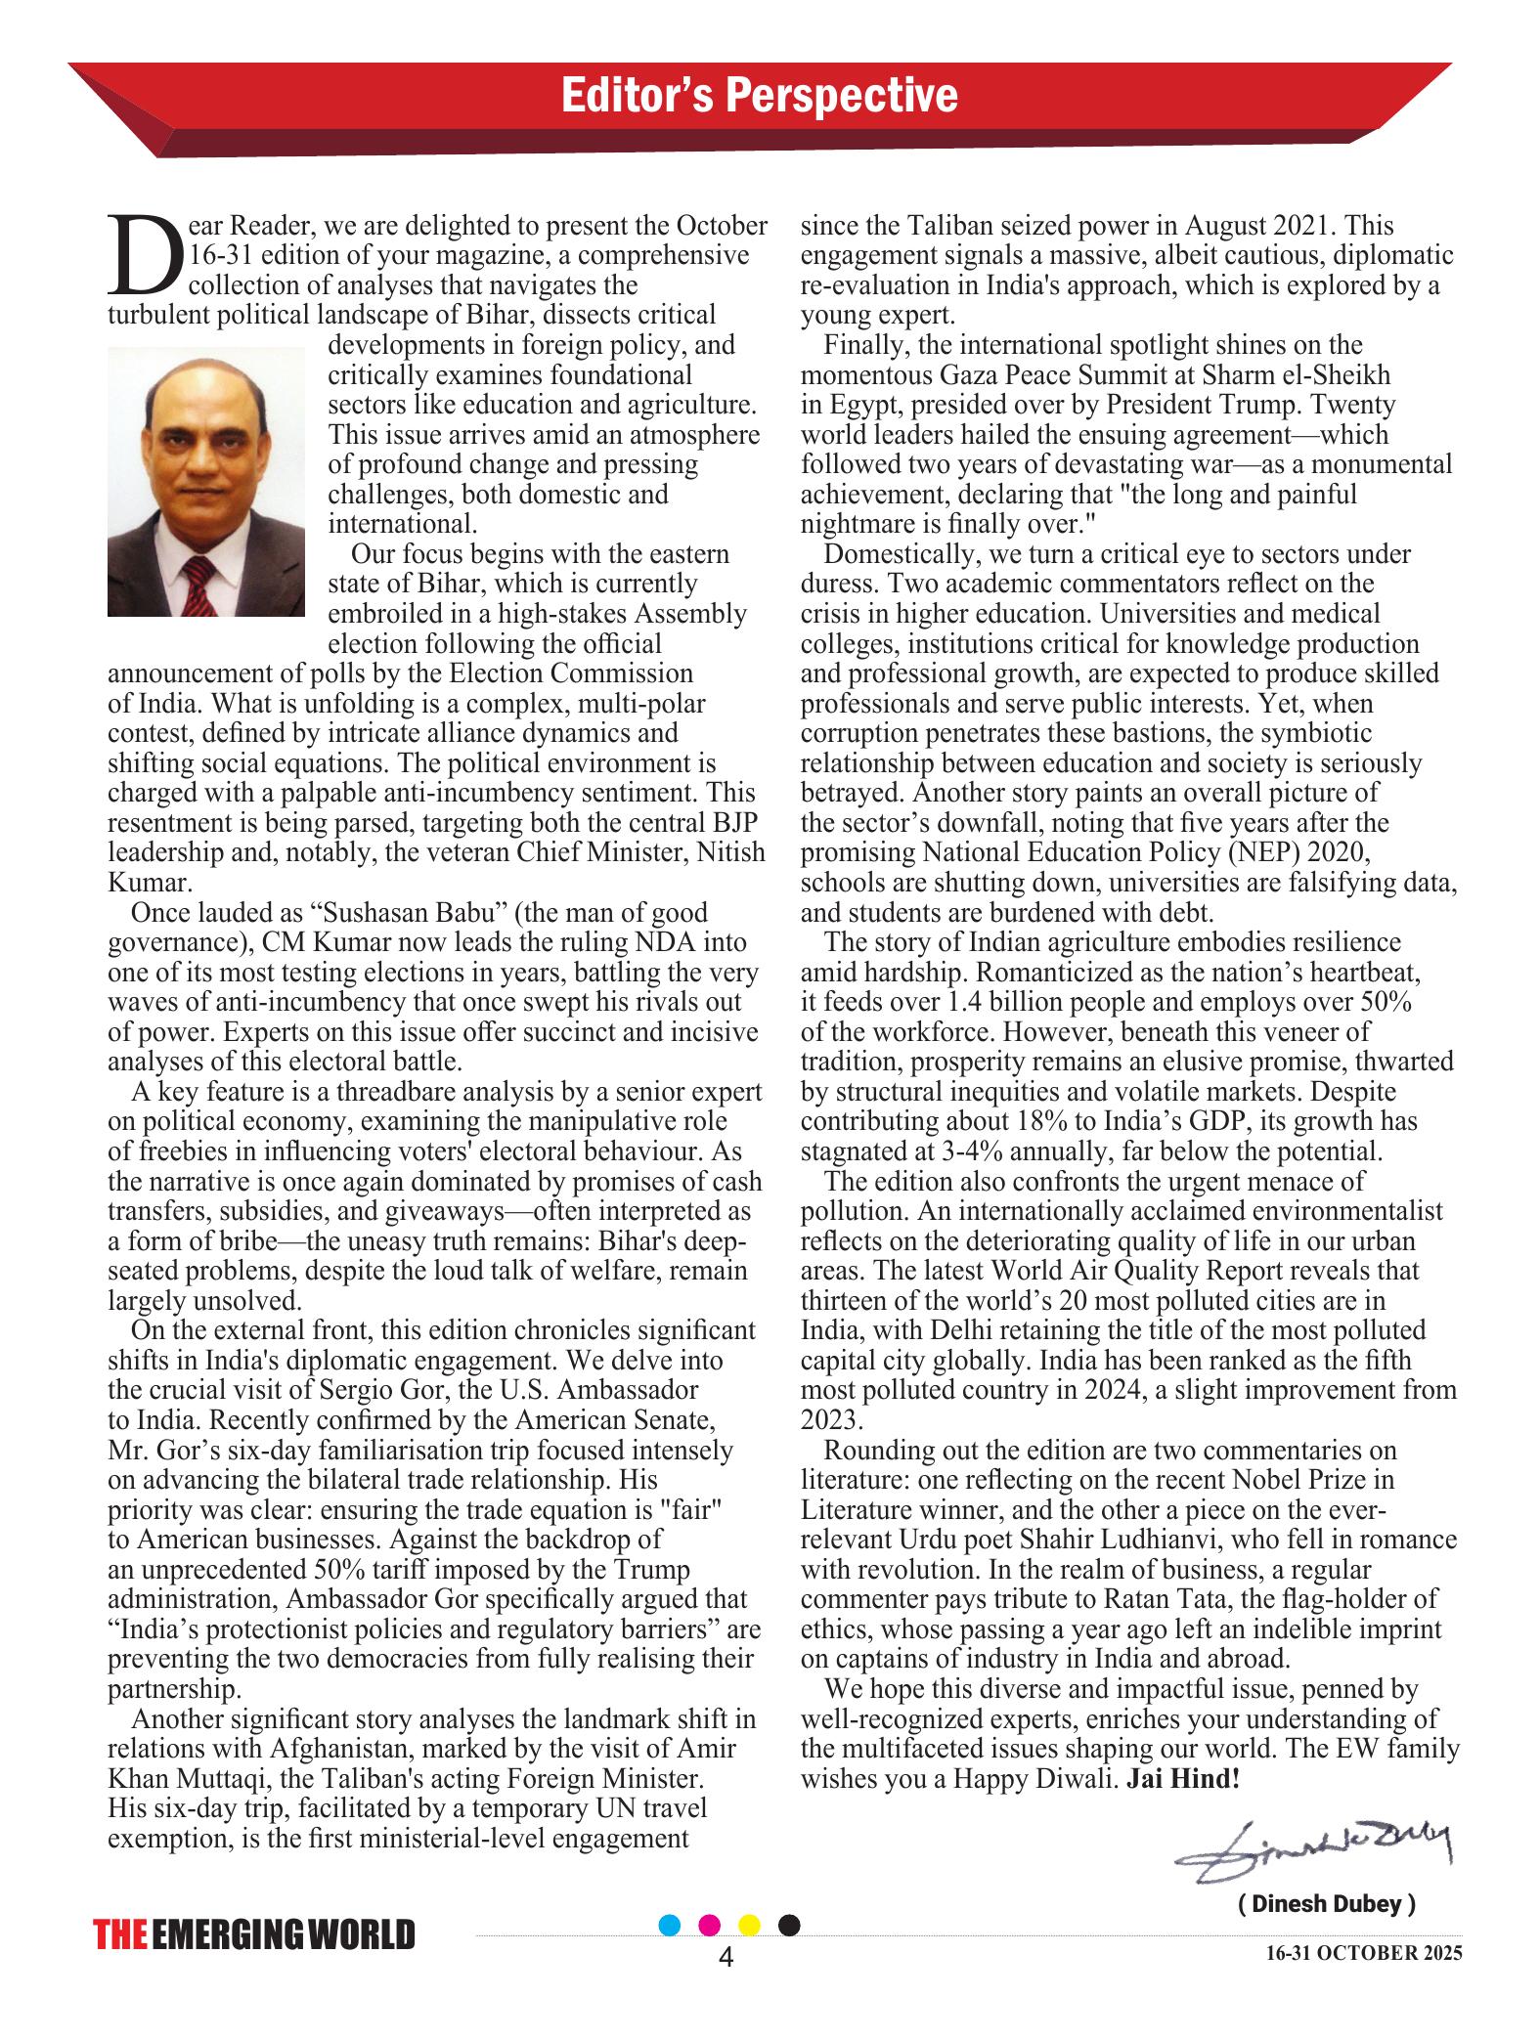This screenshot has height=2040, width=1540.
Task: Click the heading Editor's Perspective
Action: tap(759, 96)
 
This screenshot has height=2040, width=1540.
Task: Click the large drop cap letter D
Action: tap(145, 256)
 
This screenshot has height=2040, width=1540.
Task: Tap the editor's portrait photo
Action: tap(206, 481)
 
